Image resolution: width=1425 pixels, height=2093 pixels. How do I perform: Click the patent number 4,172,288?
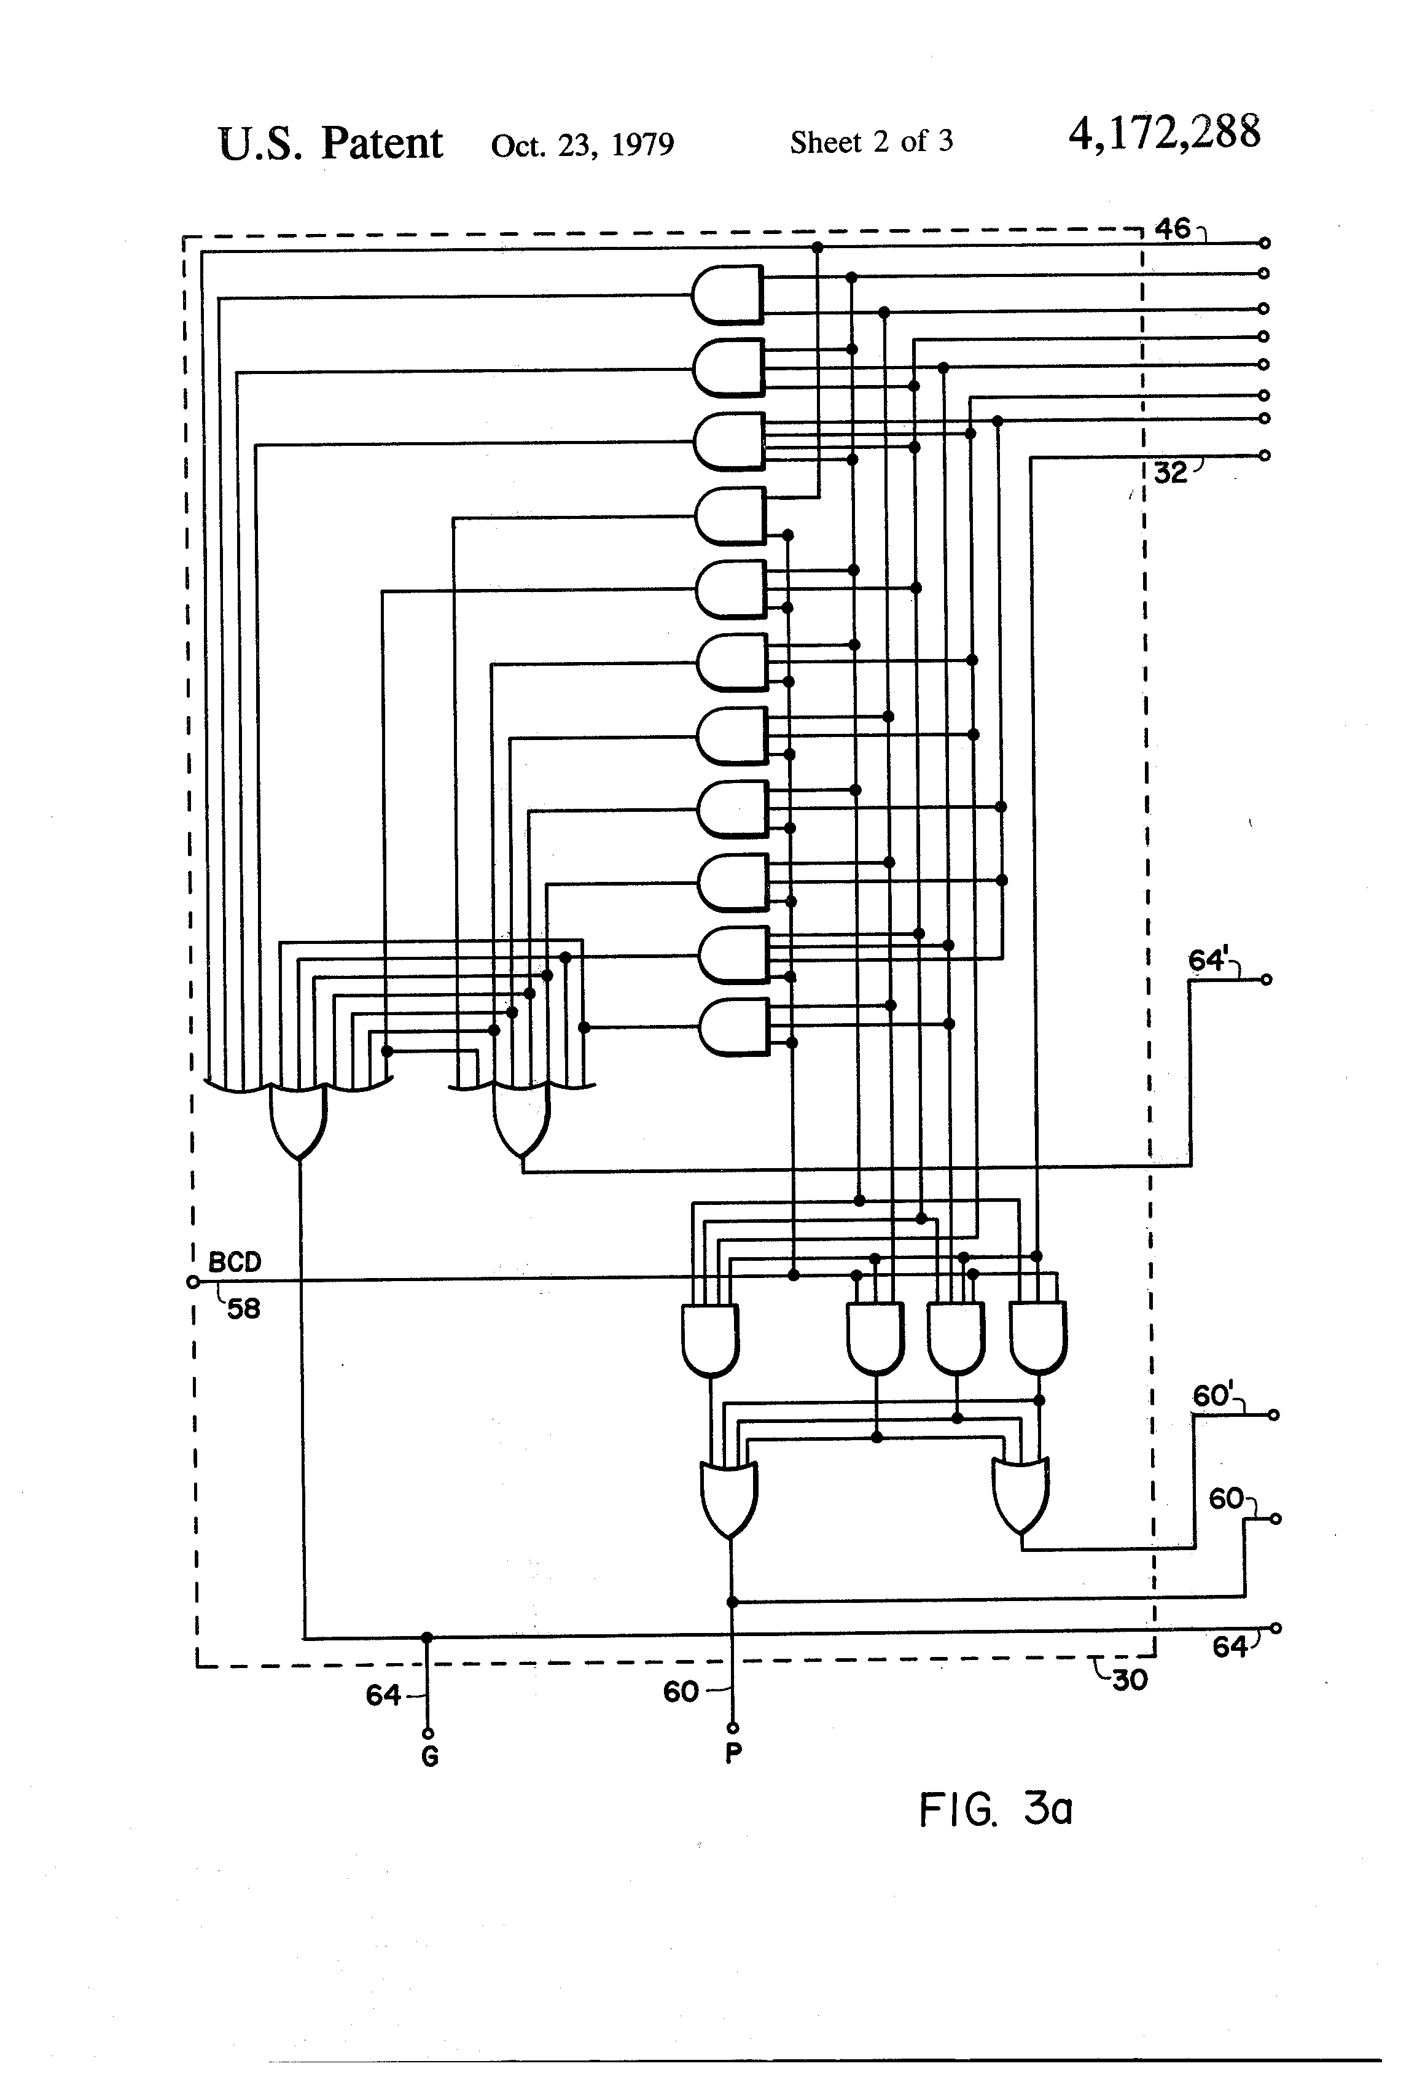[1164, 133]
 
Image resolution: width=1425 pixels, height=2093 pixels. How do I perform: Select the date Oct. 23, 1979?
[582, 144]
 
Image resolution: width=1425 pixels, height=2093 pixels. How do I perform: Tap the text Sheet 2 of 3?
[871, 141]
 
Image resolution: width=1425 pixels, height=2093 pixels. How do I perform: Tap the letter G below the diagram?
[430, 1757]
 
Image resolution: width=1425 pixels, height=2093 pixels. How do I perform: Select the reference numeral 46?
[1172, 228]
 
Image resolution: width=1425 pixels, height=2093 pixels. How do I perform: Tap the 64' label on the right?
[1208, 960]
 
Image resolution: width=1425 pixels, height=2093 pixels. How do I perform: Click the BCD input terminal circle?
[192, 1282]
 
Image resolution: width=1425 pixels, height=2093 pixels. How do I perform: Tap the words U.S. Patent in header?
[330, 143]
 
